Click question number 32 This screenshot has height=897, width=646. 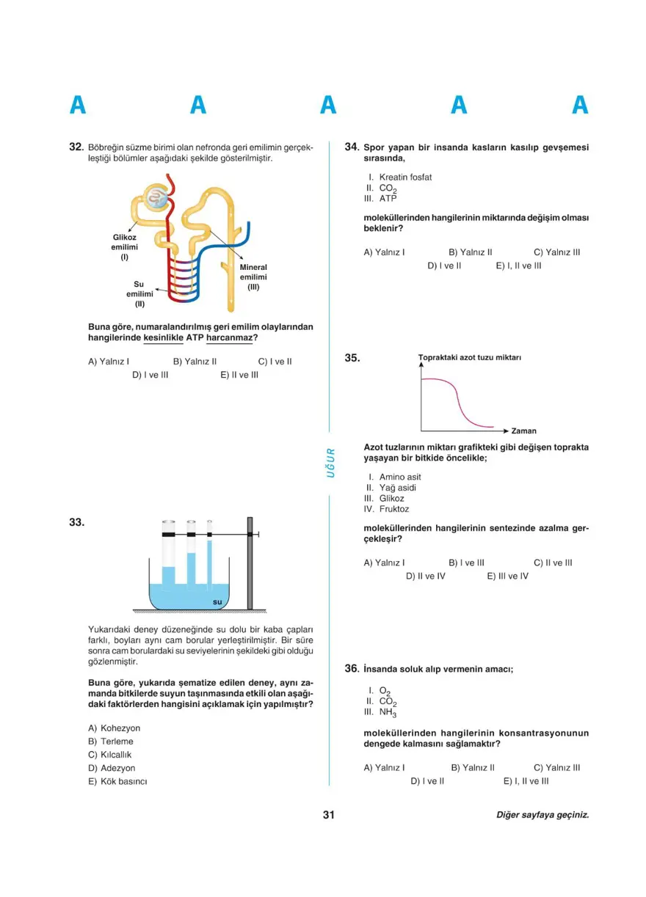[x=74, y=147]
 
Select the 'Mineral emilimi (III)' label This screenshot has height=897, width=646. [x=253, y=277]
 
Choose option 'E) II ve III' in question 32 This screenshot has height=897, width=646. [x=239, y=375]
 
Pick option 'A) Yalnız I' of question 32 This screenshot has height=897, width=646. [x=109, y=362]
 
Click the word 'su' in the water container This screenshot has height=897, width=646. [x=217, y=602]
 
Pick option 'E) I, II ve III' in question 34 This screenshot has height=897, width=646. [x=518, y=266]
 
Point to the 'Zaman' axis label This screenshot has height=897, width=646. [x=524, y=431]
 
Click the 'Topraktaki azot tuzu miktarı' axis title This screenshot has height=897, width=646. [x=470, y=358]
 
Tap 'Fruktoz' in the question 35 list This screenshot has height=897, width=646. [x=394, y=509]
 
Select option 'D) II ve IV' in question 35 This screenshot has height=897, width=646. [x=426, y=576]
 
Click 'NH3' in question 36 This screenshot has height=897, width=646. [x=388, y=712]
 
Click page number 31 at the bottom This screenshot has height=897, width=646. [x=328, y=815]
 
